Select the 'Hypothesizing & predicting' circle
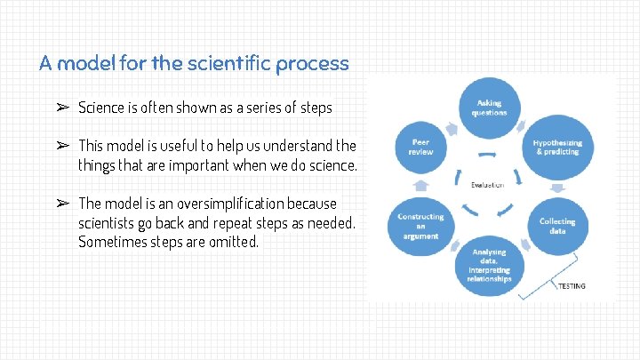(557, 147)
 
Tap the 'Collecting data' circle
(557, 225)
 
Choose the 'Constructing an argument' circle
(421, 226)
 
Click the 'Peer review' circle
(421, 147)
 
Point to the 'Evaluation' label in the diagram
(487, 185)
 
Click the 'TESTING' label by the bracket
(572, 286)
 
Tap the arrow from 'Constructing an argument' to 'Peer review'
(421, 187)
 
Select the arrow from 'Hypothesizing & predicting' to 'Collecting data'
(558, 187)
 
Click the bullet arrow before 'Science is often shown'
(62, 108)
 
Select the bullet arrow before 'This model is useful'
(62, 145)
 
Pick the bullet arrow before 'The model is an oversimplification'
(62, 203)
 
